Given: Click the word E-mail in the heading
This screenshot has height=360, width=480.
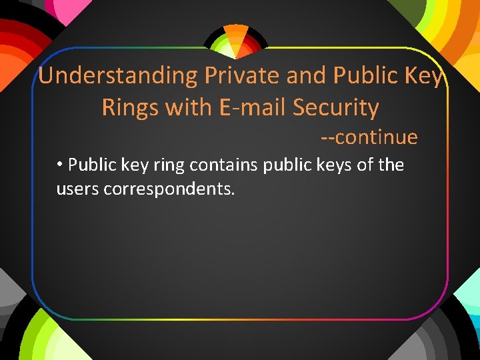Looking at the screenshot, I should click(253, 107).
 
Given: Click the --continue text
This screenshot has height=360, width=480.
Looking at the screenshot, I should click(369, 137).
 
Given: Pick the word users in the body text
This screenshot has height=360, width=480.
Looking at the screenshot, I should click(77, 190).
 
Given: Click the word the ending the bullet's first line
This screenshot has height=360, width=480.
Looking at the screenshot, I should click(391, 165).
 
